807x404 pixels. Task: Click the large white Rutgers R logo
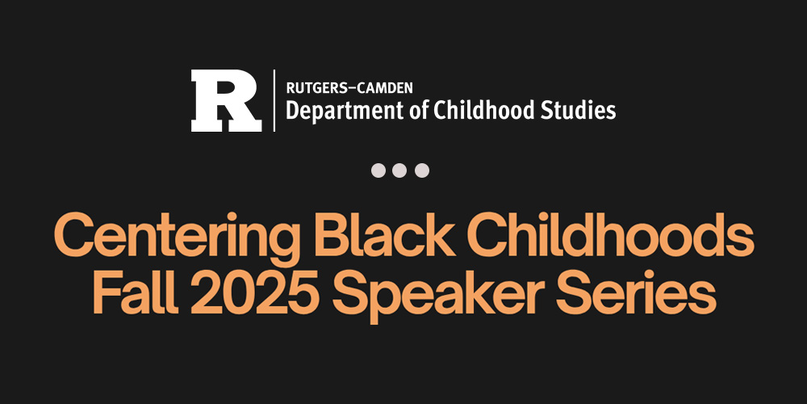click(225, 101)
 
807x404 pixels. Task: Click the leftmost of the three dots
click(378, 170)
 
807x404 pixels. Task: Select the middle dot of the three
click(400, 170)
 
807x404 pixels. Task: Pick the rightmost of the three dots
click(422, 170)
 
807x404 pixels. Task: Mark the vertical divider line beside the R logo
click(274, 100)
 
